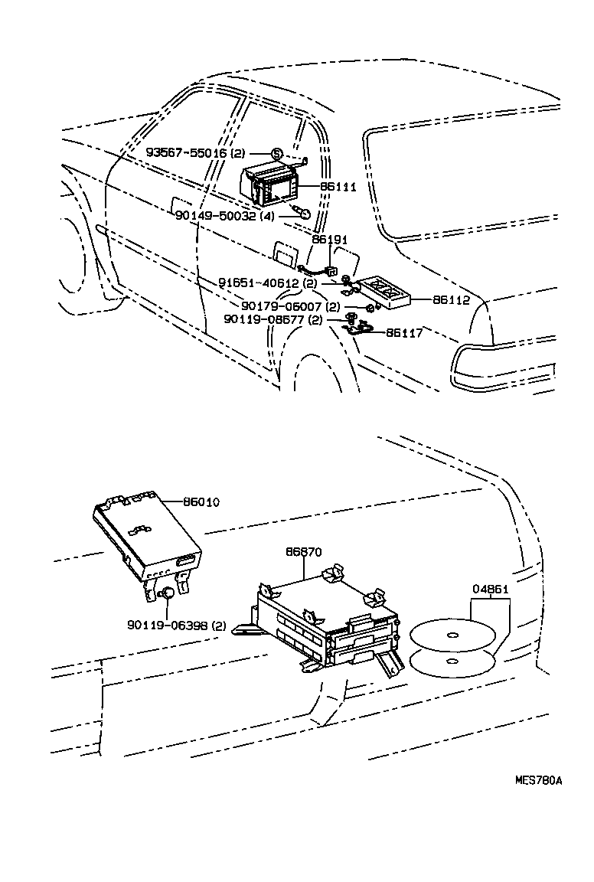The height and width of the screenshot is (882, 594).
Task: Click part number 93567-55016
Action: pyautogui.click(x=186, y=153)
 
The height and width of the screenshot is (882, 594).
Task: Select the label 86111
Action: pyautogui.click(x=338, y=186)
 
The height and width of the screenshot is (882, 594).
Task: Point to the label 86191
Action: pyautogui.click(x=329, y=240)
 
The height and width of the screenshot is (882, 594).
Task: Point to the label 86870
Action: pyautogui.click(x=304, y=550)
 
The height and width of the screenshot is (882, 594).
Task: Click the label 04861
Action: pyautogui.click(x=490, y=589)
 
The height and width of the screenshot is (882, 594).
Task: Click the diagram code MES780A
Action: pyautogui.click(x=538, y=781)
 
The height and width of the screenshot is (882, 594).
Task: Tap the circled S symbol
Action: pyautogui.click(x=276, y=153)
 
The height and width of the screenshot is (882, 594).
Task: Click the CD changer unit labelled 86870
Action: pyautogui.click(x=325, y=620)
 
